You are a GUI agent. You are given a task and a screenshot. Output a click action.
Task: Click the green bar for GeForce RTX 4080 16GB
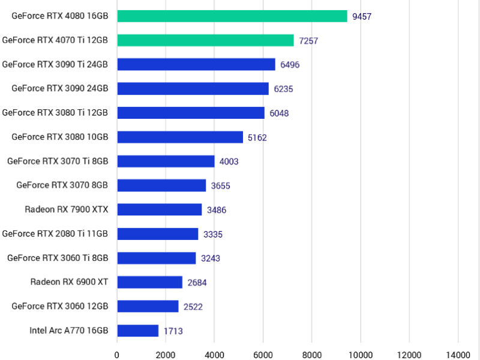(232, 16)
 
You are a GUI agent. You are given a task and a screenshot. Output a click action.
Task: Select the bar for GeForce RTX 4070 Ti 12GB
(205, 40)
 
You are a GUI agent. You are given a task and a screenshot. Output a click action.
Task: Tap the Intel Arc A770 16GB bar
(138, 331)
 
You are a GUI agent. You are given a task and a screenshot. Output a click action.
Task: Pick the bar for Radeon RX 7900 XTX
(160, 209)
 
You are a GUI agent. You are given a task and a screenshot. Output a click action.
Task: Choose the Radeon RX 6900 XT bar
(149, 282)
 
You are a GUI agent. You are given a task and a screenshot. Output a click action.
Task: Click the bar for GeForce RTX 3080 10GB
(180, 137)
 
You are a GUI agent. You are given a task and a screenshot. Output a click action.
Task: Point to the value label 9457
(362, 17)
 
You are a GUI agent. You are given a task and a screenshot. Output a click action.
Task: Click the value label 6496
(290, 65)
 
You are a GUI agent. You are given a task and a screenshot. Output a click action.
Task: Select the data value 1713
(173, 331)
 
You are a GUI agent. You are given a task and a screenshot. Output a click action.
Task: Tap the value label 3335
(213, 234)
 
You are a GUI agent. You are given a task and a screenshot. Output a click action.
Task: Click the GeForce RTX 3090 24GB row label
(59, 88)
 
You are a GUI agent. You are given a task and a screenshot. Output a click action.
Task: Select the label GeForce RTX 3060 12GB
(59, 306)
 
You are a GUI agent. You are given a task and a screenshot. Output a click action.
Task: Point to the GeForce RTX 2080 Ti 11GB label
(55, 233)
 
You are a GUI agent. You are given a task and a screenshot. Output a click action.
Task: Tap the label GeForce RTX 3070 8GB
(62, 185)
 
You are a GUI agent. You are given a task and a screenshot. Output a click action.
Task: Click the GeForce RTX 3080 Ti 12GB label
(55, 112)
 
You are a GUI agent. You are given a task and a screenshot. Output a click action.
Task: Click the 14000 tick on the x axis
(458, 353)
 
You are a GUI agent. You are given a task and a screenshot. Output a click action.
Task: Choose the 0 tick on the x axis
(117, 353)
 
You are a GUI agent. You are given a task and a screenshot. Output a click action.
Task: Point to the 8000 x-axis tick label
(311, 353)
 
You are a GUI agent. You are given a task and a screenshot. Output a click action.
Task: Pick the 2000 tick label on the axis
(166, 353)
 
